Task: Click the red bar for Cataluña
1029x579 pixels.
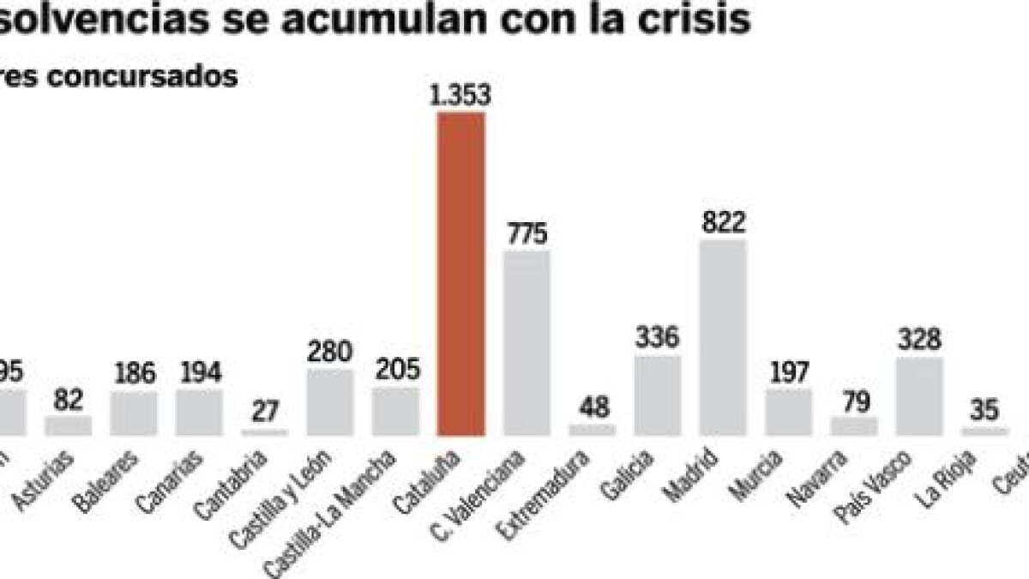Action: click(461, 274)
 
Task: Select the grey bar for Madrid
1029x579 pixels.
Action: click(723, 338)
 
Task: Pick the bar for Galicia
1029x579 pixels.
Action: click(658, 395)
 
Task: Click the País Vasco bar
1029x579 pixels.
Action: click(919, 396)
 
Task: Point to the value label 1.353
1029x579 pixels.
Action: click(461, 95)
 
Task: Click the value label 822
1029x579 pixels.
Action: click(723, 223)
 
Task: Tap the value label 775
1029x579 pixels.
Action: click(527, 233)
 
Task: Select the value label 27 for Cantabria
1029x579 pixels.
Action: click(265, 412)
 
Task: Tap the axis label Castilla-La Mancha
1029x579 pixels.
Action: click(334, 506)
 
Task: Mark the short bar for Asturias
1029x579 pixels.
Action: click(69, 425)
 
